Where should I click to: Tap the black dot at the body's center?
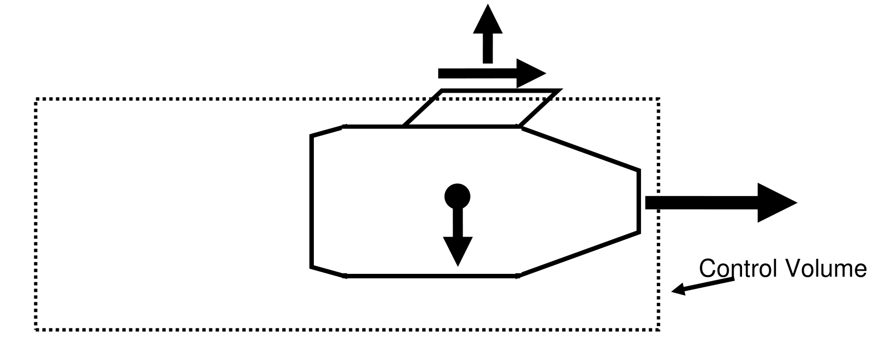pos(458,196)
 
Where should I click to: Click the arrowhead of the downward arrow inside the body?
pos(458,250)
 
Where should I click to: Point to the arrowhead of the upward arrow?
pos(488,19)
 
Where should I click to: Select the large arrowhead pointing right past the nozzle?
pos(775,203)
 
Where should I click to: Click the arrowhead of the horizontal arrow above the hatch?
pos(530,73)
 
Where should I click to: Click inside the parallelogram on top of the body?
pos(480,108)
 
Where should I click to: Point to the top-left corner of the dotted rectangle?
pos(37,99)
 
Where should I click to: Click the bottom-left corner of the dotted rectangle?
pos(37,329)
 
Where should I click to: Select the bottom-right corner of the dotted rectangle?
pos(659,329)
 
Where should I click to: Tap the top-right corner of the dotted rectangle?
pos(659,99)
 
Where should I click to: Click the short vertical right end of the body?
pos(639,201)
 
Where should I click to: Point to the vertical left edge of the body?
pos(312,201)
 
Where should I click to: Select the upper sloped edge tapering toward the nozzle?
pos(580,148)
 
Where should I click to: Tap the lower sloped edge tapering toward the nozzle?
pos(580,253)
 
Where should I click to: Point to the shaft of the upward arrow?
pos(488,48)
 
